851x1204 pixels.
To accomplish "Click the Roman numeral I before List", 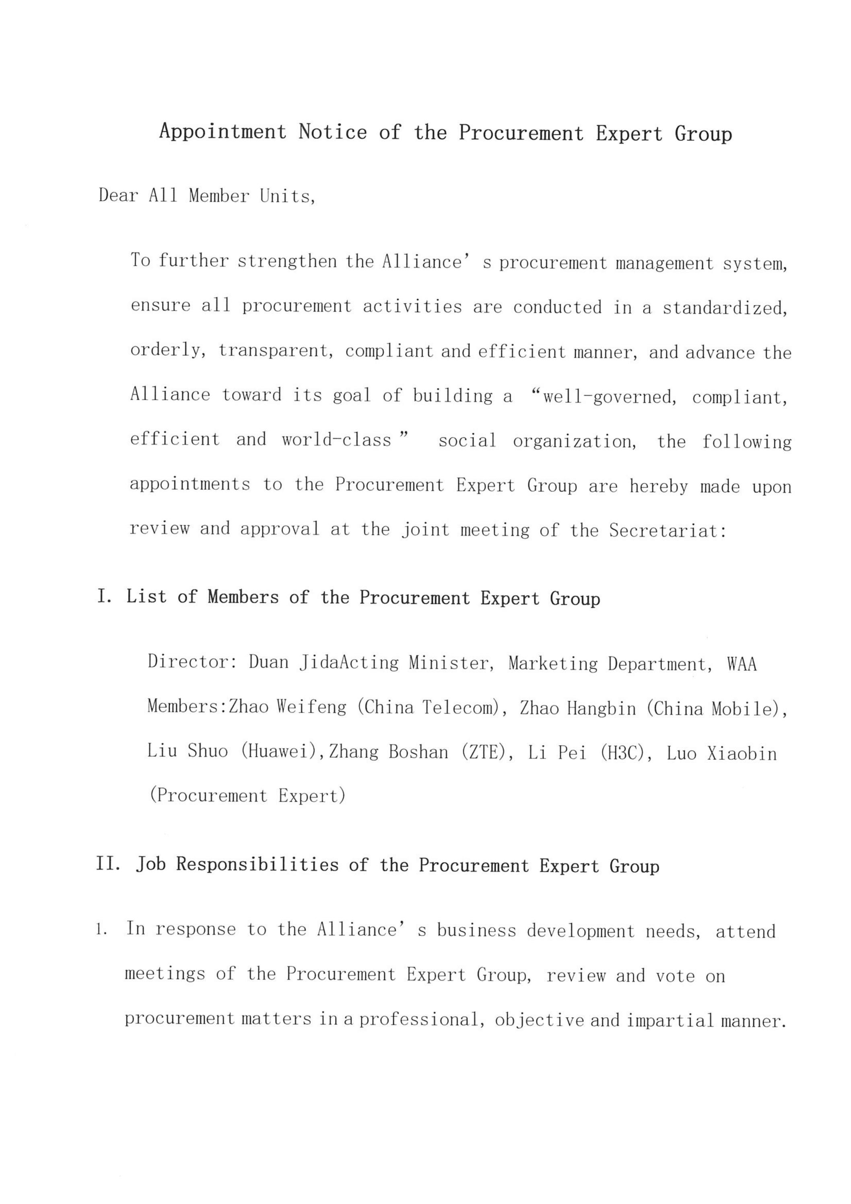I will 102,596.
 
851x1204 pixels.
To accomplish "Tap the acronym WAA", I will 742,664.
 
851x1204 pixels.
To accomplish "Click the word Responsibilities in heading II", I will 258,864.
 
